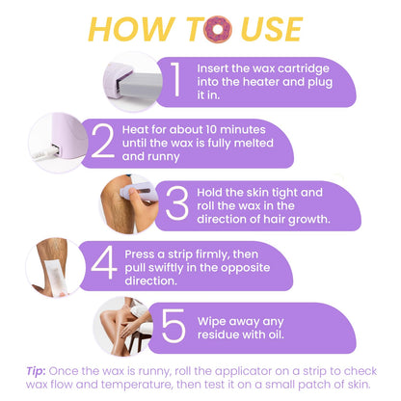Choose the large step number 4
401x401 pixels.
coord(99,265)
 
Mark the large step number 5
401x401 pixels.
coord(174,327)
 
